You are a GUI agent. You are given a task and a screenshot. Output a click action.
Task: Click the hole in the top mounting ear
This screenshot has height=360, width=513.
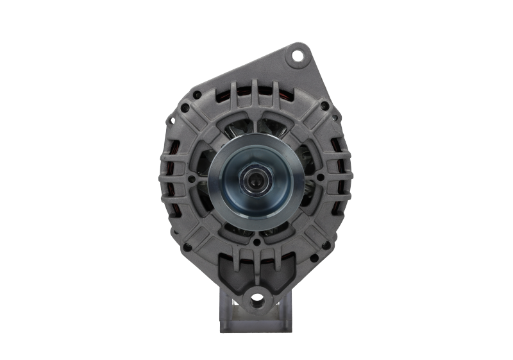point(297,56)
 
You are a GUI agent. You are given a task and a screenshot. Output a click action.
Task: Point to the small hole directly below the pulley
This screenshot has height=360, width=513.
point(256,242)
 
